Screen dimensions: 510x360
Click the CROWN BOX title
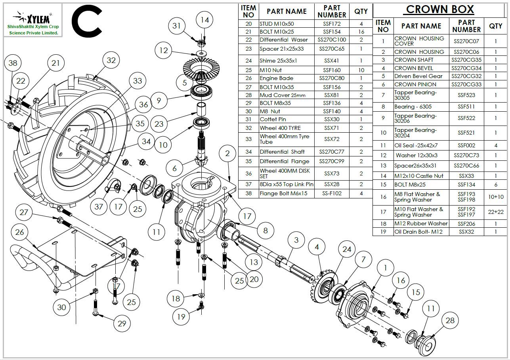440,10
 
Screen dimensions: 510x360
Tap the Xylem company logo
33,20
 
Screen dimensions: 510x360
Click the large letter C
87,21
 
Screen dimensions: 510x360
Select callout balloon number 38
13,63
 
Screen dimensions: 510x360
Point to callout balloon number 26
19,232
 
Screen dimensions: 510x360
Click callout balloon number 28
450,320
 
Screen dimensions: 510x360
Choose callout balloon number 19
181,316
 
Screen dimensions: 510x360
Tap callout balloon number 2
227,153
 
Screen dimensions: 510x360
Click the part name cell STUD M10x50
277,24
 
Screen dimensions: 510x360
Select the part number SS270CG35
466,60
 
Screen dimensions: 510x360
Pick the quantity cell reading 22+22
496,212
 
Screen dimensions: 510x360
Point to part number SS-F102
332,193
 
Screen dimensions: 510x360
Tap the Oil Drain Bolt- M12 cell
418,232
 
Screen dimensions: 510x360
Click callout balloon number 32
111,60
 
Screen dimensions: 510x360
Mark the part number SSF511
466,107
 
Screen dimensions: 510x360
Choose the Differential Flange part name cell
285,161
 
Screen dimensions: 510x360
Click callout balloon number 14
204,20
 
